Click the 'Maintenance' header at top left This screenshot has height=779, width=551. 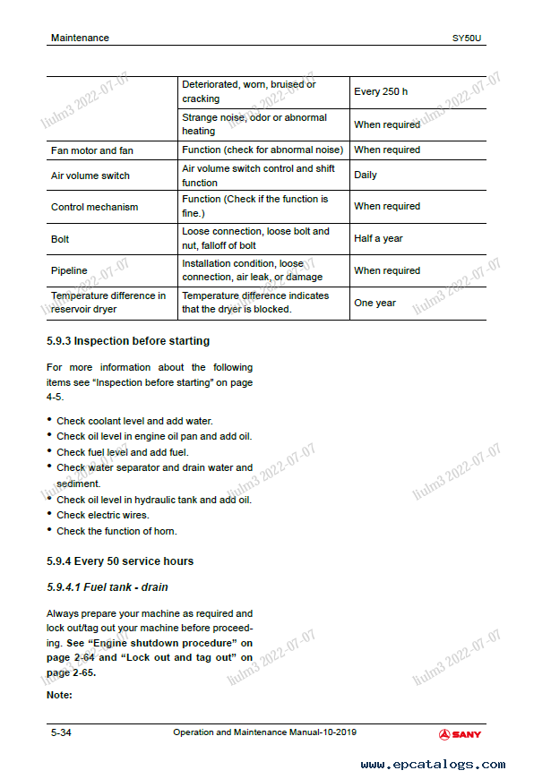click(80, 38)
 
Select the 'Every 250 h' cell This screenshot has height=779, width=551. click(381, 91)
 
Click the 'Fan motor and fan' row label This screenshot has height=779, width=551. click(92, 150)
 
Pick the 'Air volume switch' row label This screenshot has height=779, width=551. click(90, 175)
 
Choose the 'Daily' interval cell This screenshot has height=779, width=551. click(366, 175)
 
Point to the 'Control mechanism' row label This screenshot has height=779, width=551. click(95, 207)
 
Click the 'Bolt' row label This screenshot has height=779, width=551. click(60, 239)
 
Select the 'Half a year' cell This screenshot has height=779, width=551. click(378, 238)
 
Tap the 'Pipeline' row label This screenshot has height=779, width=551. click(69, 270)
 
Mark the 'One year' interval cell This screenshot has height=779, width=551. click(375, 303)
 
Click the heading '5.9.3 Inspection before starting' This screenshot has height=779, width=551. click(127, 341)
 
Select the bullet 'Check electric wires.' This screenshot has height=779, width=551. click(103, 515)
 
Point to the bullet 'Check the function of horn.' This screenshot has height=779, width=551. click(116, 531)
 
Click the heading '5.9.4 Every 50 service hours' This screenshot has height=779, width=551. click(119, 561)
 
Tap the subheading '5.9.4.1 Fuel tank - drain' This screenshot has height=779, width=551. click(107, 587)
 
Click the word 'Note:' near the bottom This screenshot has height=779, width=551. click(59, 695)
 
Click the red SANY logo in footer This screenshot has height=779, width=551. click(460, 734)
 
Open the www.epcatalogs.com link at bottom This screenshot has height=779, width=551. click(433, 765)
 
